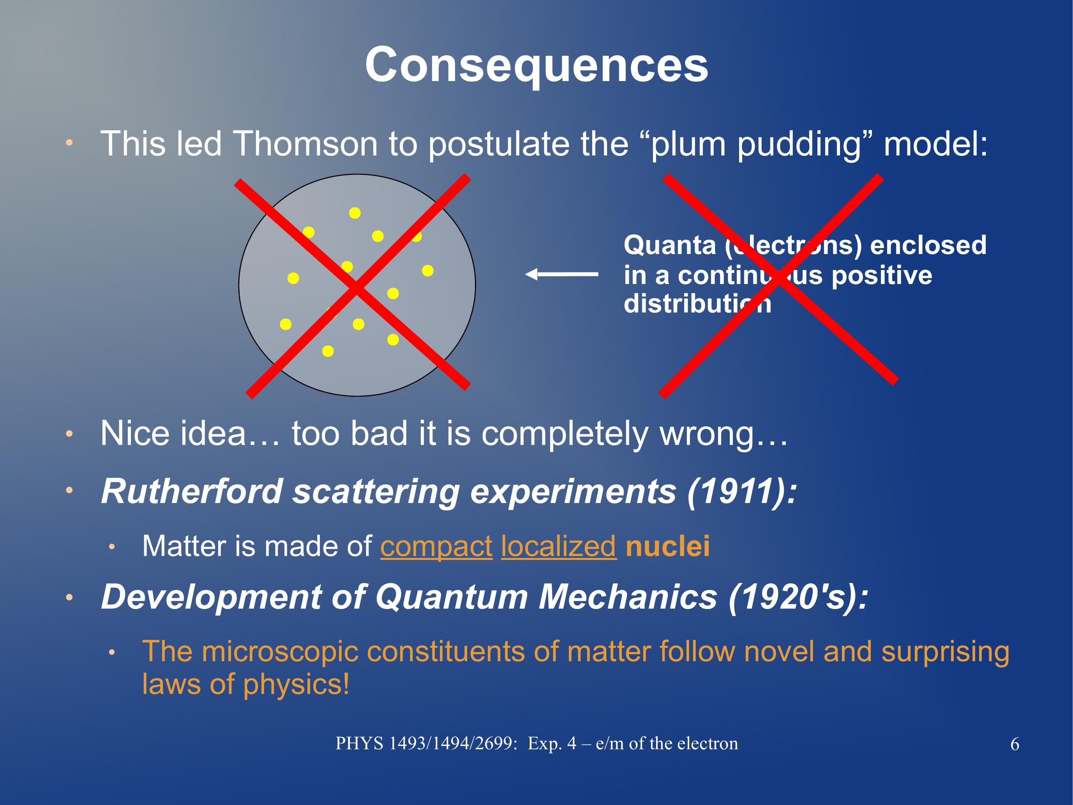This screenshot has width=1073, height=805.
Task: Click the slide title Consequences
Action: [536, 65]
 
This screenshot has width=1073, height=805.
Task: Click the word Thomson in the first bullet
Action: [305, 144]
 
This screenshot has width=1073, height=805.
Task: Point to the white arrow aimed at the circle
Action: [561, 275]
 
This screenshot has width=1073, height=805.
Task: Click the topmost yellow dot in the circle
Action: [355, 213]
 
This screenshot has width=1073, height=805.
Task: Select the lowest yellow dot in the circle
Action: [328, 351]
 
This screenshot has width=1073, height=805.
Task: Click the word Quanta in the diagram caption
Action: [669, 245]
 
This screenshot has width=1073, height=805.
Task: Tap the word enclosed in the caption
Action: [928, 245]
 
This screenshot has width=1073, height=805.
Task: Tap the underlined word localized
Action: [559, 546]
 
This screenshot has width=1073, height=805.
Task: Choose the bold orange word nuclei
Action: [667, 546]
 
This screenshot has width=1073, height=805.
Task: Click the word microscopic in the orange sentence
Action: [280, 652]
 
